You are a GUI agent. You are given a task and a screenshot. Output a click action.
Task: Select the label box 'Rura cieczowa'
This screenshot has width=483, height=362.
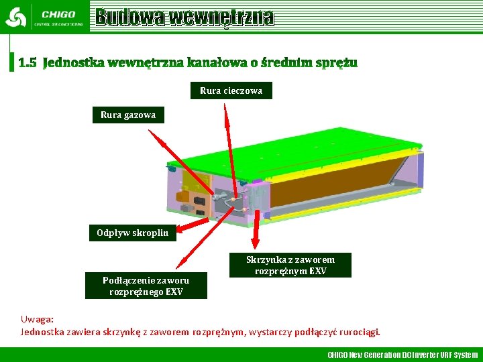(x=231, y=90)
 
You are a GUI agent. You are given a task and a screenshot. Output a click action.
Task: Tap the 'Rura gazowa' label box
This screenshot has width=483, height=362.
(x=128, y=115)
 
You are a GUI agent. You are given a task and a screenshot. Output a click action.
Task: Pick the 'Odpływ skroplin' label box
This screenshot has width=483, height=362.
(x=132, y=233)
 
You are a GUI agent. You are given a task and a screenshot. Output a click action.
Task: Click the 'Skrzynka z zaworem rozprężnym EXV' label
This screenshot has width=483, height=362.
(x=290, y=265)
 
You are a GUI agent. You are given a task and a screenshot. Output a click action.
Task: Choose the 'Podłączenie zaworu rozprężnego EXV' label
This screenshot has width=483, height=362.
(x=146, y=286)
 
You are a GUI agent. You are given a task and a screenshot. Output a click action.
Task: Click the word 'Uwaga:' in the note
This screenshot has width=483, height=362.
(x=37, y=320)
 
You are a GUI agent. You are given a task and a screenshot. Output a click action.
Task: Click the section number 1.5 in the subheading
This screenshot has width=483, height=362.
(x=28, y=63)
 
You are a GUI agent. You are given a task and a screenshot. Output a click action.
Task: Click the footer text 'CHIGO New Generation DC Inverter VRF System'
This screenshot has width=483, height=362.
(x=402, y=355)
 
